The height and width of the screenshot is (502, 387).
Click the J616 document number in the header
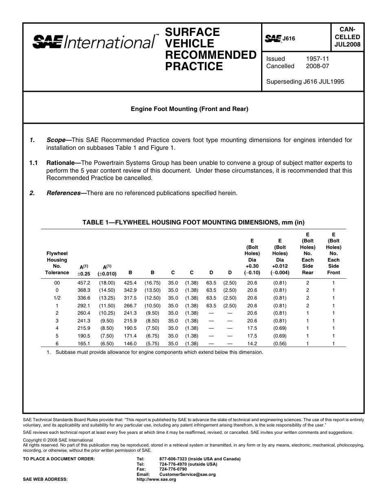[x=288, y=39]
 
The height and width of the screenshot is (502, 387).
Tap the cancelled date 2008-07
[x=317, y=66]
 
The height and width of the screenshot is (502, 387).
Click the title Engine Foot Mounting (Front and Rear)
[x=189, y=109]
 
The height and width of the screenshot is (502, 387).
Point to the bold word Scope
[x=56, y=140]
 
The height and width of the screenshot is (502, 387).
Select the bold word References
[x=63, y=193]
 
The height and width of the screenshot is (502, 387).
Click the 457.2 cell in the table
[x=84, y=282]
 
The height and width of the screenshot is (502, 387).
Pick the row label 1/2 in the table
[x=57, y=298]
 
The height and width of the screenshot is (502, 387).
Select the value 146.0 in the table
[x=130, y=344]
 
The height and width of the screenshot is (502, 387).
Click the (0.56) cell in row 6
[x=280, y=344]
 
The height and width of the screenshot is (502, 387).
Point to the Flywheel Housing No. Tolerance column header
[x=57, y=263]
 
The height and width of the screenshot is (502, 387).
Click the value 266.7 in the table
[x=130, y=305]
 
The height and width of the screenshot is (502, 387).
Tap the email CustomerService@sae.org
[x=187, y=474]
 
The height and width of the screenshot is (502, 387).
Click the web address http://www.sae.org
[x=156, y=479]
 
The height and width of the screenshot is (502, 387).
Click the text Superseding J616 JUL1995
[x=305, y=81]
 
